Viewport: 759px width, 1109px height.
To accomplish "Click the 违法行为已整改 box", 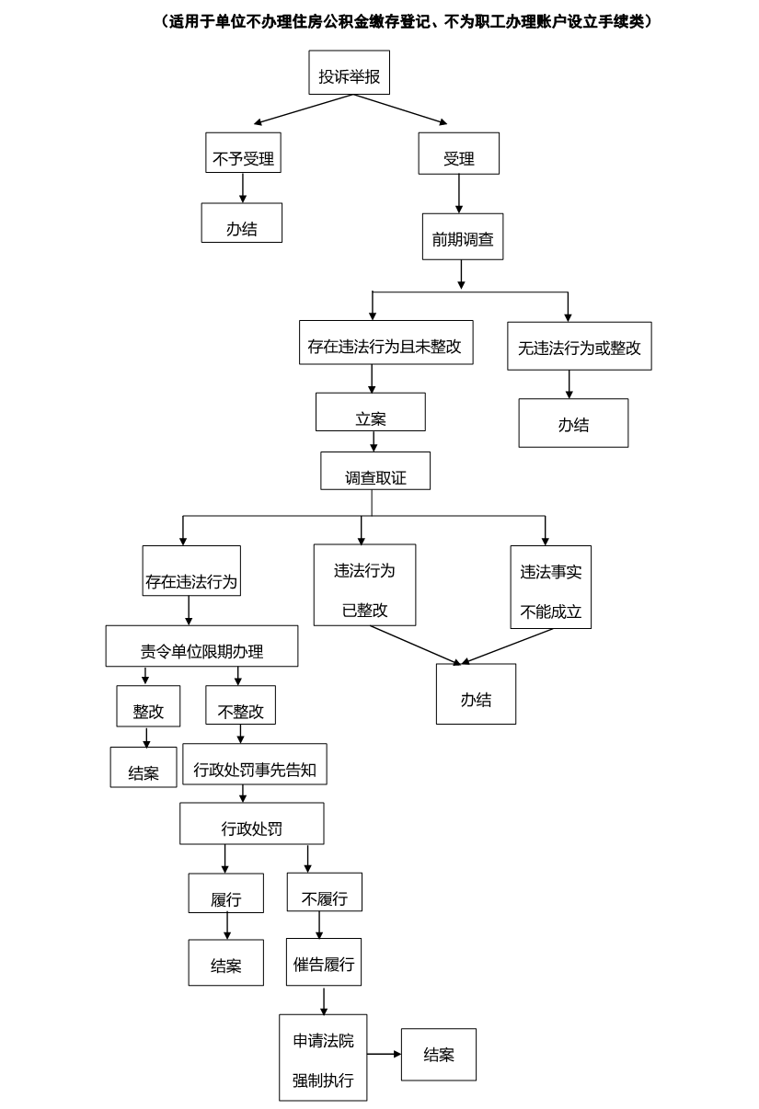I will (x=364, y=585).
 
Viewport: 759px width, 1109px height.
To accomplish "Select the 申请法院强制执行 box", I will (x=323, y=1058).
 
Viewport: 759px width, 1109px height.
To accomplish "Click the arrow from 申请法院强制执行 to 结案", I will (x=384, y=1054).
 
